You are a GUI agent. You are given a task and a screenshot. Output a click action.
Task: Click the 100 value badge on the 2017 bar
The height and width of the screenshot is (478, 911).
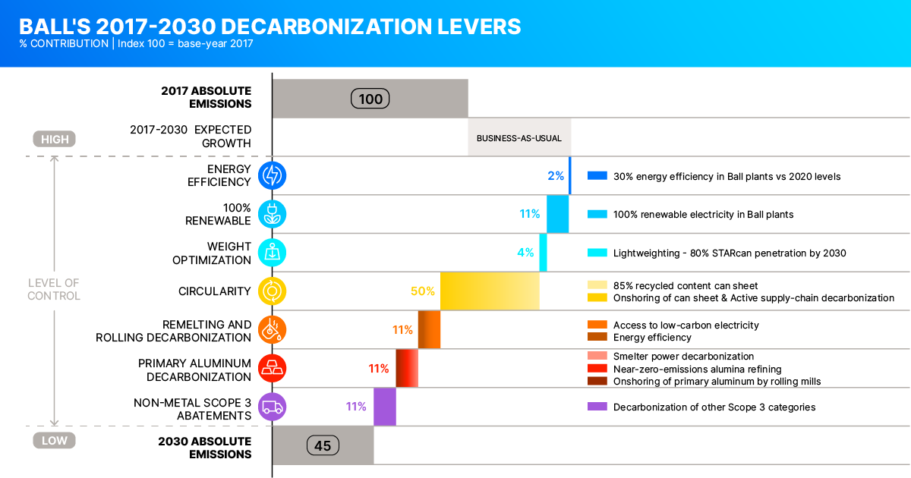point(370,99)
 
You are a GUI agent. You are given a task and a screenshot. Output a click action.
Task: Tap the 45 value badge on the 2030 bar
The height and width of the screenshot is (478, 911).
point(323,445)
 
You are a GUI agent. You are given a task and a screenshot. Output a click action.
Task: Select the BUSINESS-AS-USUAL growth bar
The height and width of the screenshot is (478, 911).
point(519,138)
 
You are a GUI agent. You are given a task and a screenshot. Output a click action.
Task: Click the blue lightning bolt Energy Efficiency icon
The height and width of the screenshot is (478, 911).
point(272,176)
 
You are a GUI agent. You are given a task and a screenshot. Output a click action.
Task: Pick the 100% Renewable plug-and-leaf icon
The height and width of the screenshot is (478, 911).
point(272,214)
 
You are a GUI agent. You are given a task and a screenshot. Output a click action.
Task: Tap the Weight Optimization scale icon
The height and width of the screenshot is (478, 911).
point(272,253)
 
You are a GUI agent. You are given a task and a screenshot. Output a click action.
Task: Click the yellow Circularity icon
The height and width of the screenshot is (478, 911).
point(272,291)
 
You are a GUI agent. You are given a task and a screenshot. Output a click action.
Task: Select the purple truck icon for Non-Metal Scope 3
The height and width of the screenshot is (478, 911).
point(272,407)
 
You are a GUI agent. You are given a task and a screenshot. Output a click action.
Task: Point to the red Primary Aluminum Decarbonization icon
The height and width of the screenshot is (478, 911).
point(272,368)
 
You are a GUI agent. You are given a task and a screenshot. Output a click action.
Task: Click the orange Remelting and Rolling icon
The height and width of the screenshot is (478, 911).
point(272,329)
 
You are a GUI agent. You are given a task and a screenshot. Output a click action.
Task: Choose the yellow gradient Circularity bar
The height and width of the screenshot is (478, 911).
point(490,291)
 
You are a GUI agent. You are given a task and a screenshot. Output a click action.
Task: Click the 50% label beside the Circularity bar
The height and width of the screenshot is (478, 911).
point(423,291)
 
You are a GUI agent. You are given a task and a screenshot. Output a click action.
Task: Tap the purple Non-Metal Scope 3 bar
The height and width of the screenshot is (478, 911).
point(385,407)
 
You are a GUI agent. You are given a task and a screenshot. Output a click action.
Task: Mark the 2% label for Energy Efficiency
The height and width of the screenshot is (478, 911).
point(556,176)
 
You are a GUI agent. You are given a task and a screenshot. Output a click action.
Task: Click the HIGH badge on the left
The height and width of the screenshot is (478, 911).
point(55,139)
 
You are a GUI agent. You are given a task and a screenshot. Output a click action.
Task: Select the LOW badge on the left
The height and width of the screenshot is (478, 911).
point(55,440)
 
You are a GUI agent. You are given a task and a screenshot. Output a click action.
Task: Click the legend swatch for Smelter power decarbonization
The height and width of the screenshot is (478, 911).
point(597,356)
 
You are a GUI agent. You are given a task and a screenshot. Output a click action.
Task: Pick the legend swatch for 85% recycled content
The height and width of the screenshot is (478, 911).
point(597,285)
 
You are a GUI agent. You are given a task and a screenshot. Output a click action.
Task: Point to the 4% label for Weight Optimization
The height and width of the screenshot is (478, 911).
point(525,253)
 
